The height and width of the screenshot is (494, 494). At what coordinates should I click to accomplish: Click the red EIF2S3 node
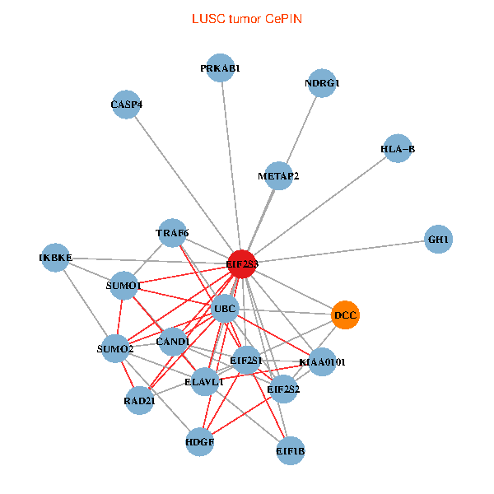241,263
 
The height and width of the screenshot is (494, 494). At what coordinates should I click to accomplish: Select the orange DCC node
346,315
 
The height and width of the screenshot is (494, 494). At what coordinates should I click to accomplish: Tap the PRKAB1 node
221,68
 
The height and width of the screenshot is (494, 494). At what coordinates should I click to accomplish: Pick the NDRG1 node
322,83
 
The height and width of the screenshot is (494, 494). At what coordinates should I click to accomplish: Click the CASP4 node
126,105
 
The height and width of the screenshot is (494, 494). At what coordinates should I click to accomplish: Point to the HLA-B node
398,149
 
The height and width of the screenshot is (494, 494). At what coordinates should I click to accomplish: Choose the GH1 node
439,240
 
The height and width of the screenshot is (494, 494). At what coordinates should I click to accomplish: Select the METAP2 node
278,175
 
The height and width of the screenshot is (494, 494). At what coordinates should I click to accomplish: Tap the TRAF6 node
172,233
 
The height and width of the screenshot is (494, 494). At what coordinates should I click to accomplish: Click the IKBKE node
55,258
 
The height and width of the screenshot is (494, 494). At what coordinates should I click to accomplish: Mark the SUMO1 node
124,286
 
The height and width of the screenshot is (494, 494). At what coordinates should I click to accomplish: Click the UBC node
225,310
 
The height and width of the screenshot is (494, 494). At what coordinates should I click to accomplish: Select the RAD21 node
139,401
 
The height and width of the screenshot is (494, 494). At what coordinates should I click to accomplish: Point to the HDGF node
200,442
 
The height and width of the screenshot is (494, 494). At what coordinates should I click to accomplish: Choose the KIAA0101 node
322,361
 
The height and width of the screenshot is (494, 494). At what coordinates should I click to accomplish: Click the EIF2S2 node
283,389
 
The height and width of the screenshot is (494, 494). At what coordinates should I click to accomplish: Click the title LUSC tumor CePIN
246,19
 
